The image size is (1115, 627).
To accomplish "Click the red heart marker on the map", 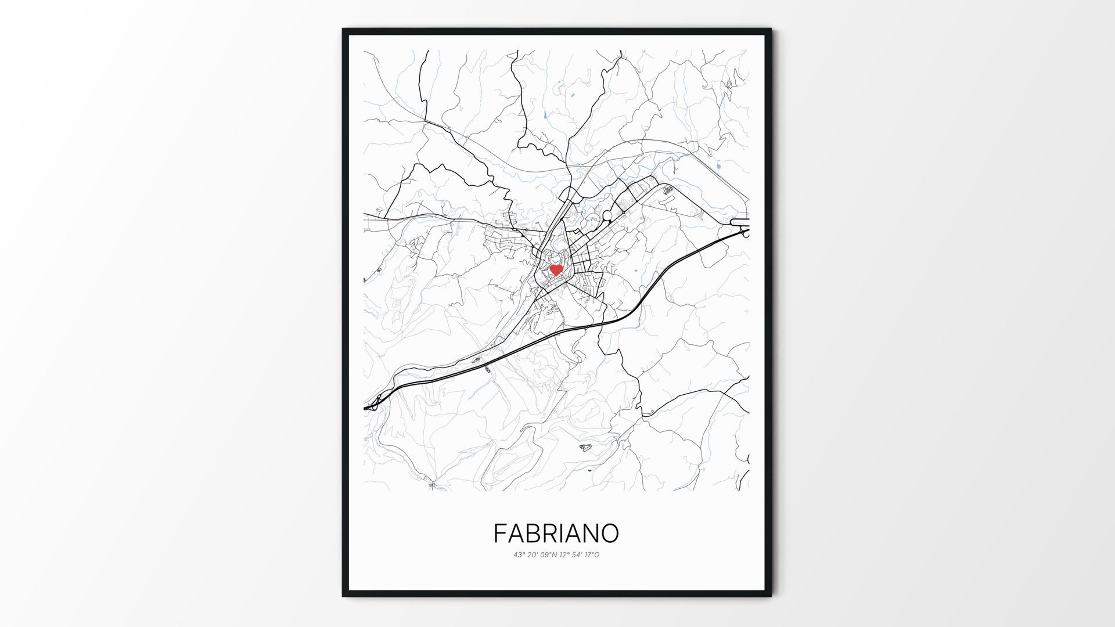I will click(556, 269).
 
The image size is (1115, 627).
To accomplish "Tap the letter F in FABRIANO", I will click(500, 533).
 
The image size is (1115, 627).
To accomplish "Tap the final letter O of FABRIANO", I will click(609, 533).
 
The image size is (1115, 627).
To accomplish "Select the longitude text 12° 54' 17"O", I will click(579, 554).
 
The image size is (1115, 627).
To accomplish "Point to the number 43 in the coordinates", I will click(517, 554).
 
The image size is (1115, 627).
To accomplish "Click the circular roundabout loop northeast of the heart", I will click(607, 216).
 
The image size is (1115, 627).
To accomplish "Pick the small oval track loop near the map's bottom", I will click(585, 447).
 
